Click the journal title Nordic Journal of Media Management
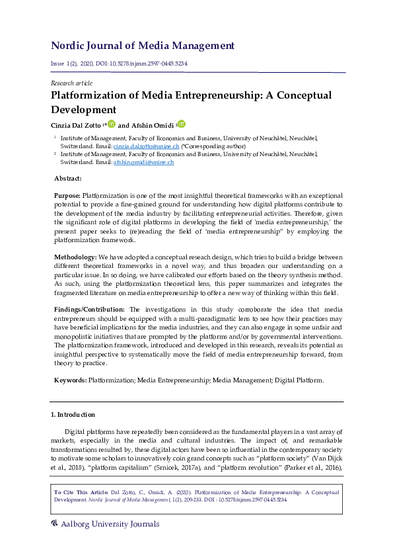(x=143, y=46)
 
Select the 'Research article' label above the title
(x=71, y=83)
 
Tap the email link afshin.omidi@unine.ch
(x=143, y=161)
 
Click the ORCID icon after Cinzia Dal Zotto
(x=112, y=124)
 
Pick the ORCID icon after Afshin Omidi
(x=182, y=124)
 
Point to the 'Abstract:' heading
(x=68, y=179)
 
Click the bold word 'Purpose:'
(x=67, y=196)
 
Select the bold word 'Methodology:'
(x=75, y=257)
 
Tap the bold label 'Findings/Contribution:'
(x=90, y=309)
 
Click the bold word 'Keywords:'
(x=70, y=380)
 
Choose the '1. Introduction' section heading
(x=73, y=415)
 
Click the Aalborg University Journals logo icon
(x=55, y=524)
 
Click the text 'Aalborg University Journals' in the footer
(x=110, y=525)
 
